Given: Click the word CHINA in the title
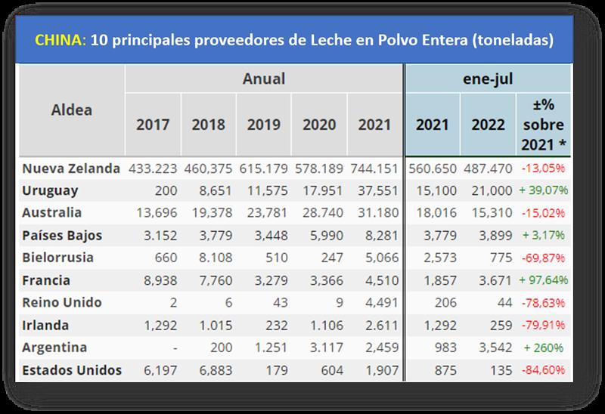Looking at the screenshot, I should (60, 40).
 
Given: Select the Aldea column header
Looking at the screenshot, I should (72, 110).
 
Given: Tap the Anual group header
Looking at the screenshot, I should (264, 78).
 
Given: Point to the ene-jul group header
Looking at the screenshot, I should (489, 78).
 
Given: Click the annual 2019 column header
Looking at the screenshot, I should (264, 124).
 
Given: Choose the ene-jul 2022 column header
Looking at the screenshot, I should (488, 124).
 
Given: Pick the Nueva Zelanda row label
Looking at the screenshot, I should (71, 168).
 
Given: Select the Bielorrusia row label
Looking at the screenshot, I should (59, 258).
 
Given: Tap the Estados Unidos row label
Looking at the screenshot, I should (72, 371).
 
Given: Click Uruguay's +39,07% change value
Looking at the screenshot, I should (544, 190).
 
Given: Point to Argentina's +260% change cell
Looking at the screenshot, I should (544, 348).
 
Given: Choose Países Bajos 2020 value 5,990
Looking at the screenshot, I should (319, 236).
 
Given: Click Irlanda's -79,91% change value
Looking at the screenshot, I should (544, 326).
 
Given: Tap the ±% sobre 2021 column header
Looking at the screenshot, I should (543, 124).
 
